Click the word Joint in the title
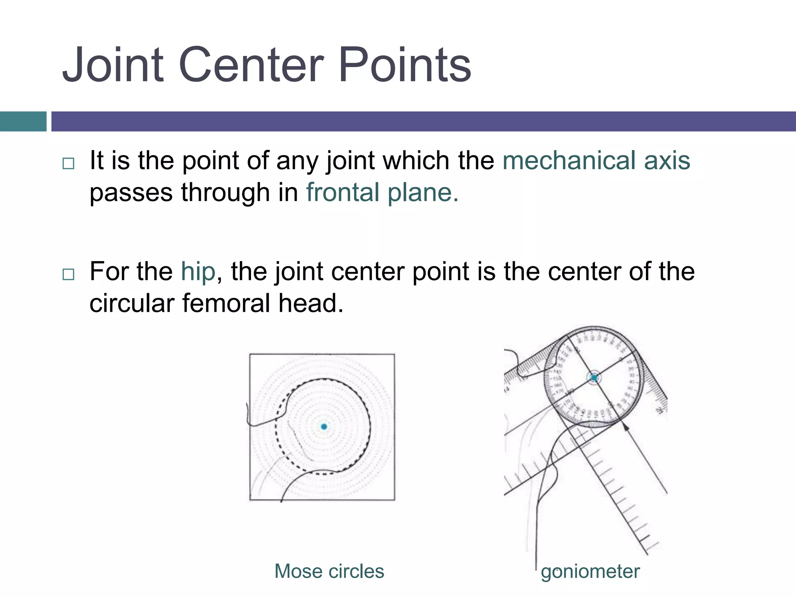tap(113, 65)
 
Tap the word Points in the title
tap(405, 65)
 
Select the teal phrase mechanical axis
tap(596, 160)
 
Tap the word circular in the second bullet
tap(131, 303)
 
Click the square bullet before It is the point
tap(68, 163)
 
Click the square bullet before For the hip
tap(68, 274)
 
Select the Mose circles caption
tap(329, 571)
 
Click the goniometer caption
tap(590, 572)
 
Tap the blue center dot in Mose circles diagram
tap(324, 427)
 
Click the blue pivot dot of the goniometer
tap(594, 378)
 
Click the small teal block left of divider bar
tap(23, 121)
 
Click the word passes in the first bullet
tap(131, 193)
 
